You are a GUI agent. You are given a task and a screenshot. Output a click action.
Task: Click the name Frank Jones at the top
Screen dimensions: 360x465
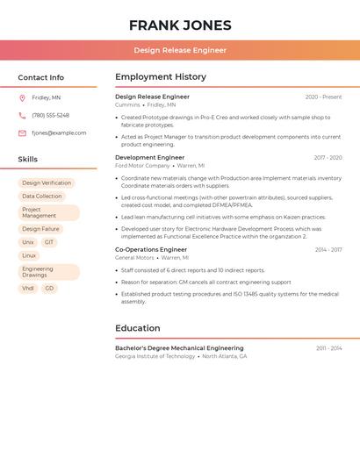coord(180,25)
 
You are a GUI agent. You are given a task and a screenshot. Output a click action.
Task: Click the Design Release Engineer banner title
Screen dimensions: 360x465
coord(180,50)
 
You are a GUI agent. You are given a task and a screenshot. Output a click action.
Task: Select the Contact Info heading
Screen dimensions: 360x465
coord(41,77)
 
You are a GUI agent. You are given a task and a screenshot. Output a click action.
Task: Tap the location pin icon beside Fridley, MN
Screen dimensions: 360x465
coord(22,97)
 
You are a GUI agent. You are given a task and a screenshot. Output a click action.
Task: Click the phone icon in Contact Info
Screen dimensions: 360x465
coord(22,115)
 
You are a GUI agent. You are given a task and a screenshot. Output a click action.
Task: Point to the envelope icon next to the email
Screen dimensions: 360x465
coord(22,133)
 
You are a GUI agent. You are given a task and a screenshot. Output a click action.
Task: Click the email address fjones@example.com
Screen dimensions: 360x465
coord(59,133)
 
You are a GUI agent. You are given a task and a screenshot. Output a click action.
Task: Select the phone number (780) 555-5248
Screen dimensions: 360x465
coord(50,115)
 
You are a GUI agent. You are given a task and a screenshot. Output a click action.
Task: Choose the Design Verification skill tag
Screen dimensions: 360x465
coord(47,183)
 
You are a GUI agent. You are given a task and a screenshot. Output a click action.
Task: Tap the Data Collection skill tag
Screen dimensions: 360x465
coord(42,197)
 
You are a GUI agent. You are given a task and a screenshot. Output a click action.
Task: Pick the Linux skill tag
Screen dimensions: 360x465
coord(29,255)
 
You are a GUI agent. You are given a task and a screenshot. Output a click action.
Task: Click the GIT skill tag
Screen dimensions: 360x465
coord(49,242)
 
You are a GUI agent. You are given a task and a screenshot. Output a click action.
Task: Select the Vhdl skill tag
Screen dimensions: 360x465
coord(28,288)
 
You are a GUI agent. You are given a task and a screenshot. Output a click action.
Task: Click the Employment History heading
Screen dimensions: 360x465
coord(161,77)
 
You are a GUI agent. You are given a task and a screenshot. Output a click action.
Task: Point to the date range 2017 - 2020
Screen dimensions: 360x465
coord(328,158)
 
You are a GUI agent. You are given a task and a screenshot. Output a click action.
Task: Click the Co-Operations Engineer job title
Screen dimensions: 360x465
coord(151,249)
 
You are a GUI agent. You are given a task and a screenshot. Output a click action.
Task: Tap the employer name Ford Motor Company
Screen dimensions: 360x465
coord(142,165)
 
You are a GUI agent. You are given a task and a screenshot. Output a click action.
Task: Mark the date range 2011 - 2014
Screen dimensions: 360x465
coord(329,348)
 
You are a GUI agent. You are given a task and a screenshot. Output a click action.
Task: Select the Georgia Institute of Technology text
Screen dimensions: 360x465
coord(155,356)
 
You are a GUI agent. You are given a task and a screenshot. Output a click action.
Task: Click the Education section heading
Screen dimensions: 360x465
coord(137,329)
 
